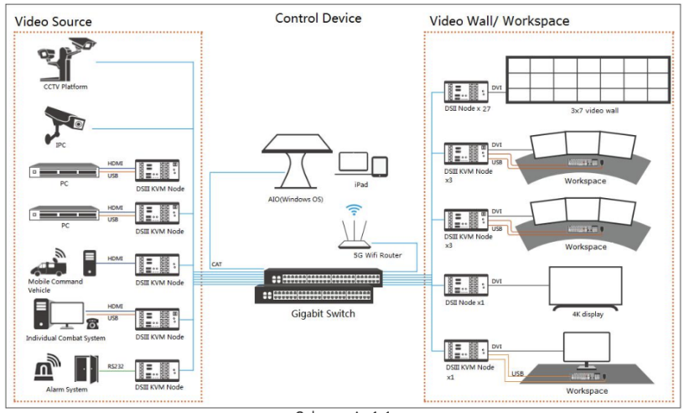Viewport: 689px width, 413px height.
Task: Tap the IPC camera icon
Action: coord(65,125)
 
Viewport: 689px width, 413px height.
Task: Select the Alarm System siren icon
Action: coord(47,369)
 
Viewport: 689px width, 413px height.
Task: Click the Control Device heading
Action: coord(319,18)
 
